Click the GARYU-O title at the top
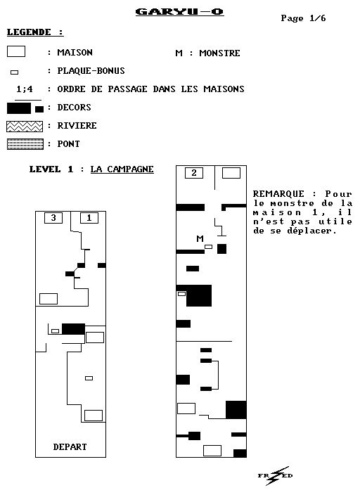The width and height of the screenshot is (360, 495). (180, 12)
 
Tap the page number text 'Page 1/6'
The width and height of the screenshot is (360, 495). (303, 18)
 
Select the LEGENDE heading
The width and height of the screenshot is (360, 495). (35, 32)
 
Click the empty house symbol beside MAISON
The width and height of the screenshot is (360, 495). (16, 51)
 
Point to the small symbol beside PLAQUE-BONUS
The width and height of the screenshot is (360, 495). (15, 72)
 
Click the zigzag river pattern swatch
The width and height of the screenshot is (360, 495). (25, 127)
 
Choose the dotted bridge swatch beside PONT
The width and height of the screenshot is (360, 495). (25, 144)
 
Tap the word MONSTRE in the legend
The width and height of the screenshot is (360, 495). (219, 53)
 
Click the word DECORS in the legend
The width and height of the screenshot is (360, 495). (74, 108)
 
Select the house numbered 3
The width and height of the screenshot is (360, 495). (53, 218)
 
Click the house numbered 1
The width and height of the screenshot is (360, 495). (89, 218)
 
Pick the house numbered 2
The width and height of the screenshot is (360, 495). (194, 173)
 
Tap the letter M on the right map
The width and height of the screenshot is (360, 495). (200, 238)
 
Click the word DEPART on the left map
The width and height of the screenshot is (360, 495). (70, 446)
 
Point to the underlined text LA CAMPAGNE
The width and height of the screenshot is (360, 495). (122, 169)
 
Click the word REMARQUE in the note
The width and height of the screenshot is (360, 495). (278, 194)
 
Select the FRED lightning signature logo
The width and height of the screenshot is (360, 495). (275, 475)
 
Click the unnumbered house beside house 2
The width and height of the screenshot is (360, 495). (231, 173)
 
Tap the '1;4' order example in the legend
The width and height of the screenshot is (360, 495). (25, 89)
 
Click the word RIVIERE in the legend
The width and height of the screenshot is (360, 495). (77, 126)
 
